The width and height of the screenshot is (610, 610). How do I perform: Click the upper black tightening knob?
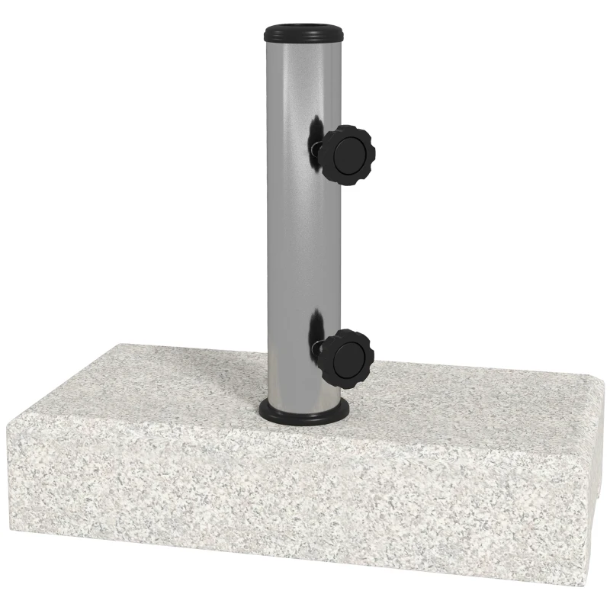click(345, 155)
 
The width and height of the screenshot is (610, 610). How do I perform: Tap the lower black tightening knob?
click(346, 358)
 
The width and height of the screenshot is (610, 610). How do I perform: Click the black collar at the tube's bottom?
click(304, 412)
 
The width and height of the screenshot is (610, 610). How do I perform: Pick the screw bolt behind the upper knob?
click(316, 149)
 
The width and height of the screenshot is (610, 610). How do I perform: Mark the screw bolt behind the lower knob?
click(316, 351)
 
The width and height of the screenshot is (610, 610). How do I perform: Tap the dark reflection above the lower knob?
click(314, 328)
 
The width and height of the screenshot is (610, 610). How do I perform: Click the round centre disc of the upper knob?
click(349, 155)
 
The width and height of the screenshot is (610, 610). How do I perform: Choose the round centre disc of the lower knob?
click(350, 358)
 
